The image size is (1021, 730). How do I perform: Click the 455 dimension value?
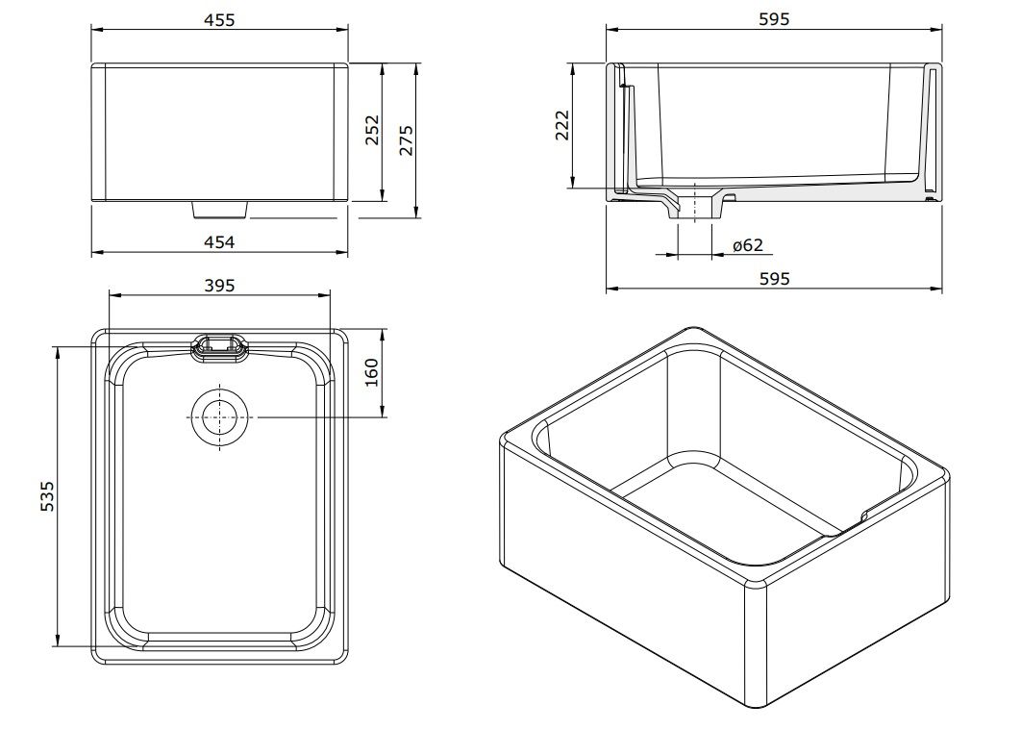219,19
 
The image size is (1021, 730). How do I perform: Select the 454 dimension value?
219,242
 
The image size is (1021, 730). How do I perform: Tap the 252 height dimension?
373,133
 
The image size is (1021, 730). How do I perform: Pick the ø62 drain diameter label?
747,245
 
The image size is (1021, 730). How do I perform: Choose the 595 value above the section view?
773,19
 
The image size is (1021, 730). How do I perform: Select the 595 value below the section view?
773,278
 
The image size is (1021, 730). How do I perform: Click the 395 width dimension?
219,285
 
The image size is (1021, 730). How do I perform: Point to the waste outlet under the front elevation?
220,208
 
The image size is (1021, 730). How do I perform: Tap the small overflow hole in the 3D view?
863,516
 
